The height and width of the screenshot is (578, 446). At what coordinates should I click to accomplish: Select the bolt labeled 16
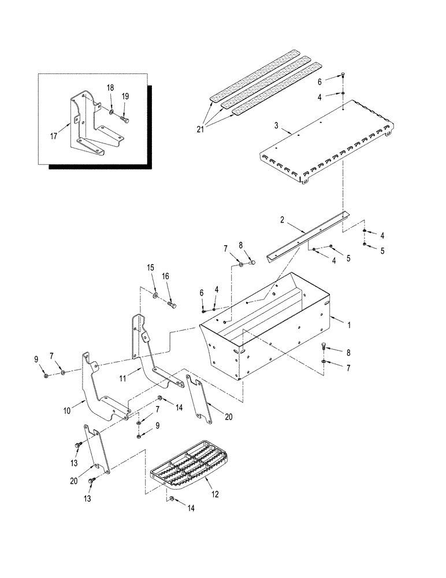(x=172, y=303)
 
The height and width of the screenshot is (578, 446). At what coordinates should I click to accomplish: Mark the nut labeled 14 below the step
(x=172, y=498)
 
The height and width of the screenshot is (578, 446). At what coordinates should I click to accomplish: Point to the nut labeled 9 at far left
(x=46, y=376)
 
